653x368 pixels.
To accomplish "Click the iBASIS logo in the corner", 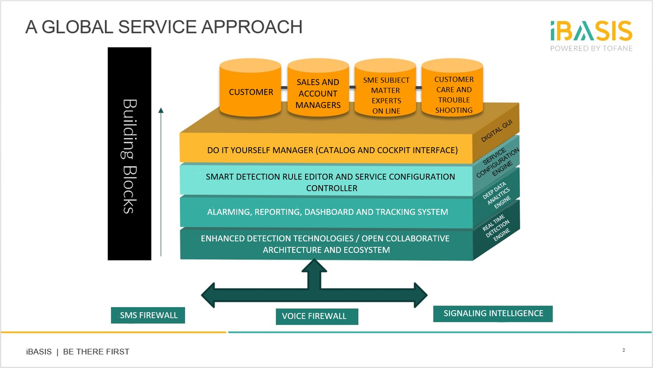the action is [x=591, y=36].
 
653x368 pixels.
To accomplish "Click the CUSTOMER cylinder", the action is [x=251, y=87].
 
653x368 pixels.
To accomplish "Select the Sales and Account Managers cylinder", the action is [x=318, y=87].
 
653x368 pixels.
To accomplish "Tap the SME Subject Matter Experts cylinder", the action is [x=385, y=87].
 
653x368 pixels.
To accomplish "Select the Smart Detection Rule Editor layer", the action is [x=326, y=181].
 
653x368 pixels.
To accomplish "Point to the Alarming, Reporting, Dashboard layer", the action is [x=326, y=212].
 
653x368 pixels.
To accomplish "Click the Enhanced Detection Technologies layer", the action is [x=326, y=244].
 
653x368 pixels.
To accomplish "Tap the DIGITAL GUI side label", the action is [x=496, y=131].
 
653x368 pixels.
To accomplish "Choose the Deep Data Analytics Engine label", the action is [x=497, y=195].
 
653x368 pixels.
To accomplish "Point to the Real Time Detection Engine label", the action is [x=497, y=228].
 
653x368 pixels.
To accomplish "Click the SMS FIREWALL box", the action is [x=148, y=315].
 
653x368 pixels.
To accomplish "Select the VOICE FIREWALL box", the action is [x=317, y=317].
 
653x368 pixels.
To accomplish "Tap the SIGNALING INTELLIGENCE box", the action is [x=493, y=314].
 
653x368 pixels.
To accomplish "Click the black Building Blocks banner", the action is [x=129, y=154].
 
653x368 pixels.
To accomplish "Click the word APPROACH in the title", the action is [x=252, y=27].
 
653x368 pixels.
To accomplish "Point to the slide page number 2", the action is [x=624, y=350].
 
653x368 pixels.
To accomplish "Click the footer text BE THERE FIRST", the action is [x=96, y=352].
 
